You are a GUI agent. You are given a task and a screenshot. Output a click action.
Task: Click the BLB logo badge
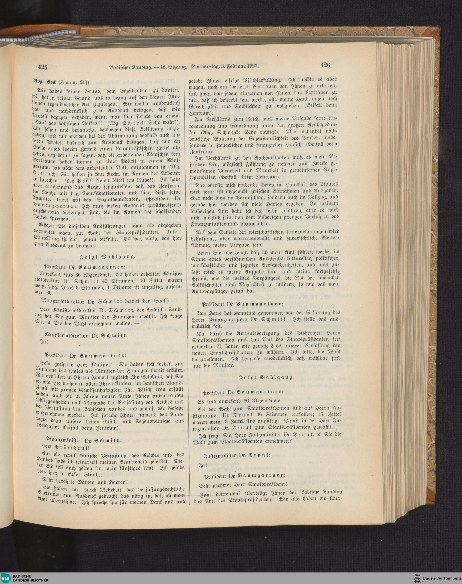pos(5,578)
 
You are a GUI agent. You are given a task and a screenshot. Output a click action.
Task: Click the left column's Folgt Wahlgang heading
pos(106,257)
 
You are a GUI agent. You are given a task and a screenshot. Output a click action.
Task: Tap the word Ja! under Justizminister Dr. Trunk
pos(203,465)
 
